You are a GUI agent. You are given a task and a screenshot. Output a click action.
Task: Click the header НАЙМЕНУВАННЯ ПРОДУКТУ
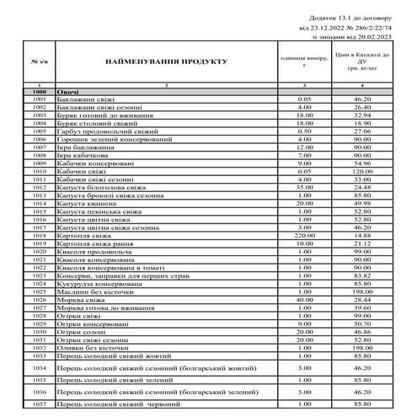pos(167,63)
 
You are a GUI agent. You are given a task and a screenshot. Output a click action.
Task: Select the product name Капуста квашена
pos(88,203)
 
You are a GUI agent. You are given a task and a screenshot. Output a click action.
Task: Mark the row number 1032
pos(38,346)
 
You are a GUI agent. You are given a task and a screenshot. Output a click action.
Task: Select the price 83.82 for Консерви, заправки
pos(363,275)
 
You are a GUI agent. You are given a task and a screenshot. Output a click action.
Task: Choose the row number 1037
pos(38,405)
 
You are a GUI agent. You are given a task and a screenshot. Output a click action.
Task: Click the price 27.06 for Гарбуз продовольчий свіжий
pos(363,131)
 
